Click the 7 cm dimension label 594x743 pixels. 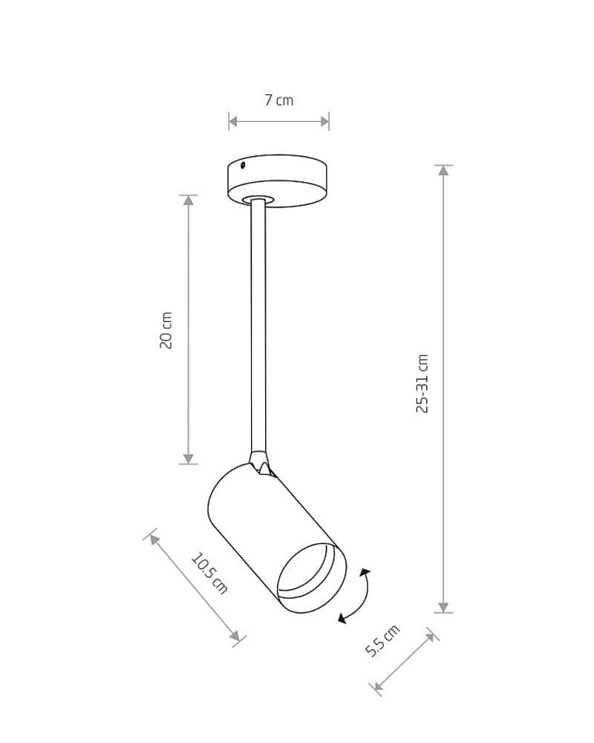tap(279, 100)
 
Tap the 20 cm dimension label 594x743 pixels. tap(166, 330)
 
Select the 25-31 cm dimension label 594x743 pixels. tap(421, 383)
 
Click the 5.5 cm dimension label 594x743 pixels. tap(382, 640)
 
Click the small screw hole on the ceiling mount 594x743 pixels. tap(243, 166)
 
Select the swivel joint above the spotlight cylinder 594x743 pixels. tap(260, 463)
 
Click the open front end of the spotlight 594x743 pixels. tap(311, 578)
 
